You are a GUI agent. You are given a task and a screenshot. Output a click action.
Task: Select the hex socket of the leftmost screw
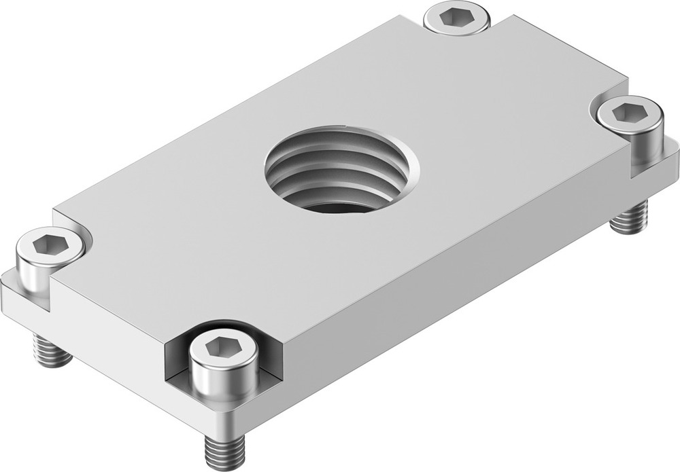coord(50,242)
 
